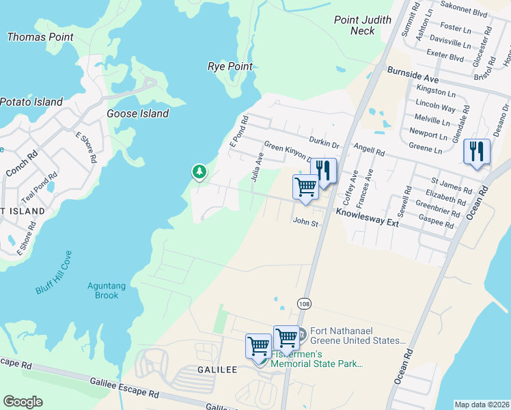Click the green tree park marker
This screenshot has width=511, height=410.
(199, 172)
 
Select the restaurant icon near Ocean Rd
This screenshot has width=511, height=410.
(476, 152)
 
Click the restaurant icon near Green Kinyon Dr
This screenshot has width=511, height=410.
(324, 171)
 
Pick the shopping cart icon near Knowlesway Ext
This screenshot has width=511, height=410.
(306, 186)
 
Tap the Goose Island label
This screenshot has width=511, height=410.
(137, 113)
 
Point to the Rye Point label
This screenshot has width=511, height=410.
(230, 66)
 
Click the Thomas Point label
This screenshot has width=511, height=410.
(40, 37)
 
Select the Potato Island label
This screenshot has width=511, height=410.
(31, 102)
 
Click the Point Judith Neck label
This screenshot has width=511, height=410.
(363, 25)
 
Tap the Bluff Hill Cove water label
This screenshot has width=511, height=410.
(54, 273)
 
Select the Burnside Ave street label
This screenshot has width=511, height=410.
(413, 70)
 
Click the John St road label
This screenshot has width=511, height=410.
(305, 222)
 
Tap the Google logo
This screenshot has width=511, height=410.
(23, 402)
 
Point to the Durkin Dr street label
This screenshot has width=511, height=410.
(324, 144)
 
